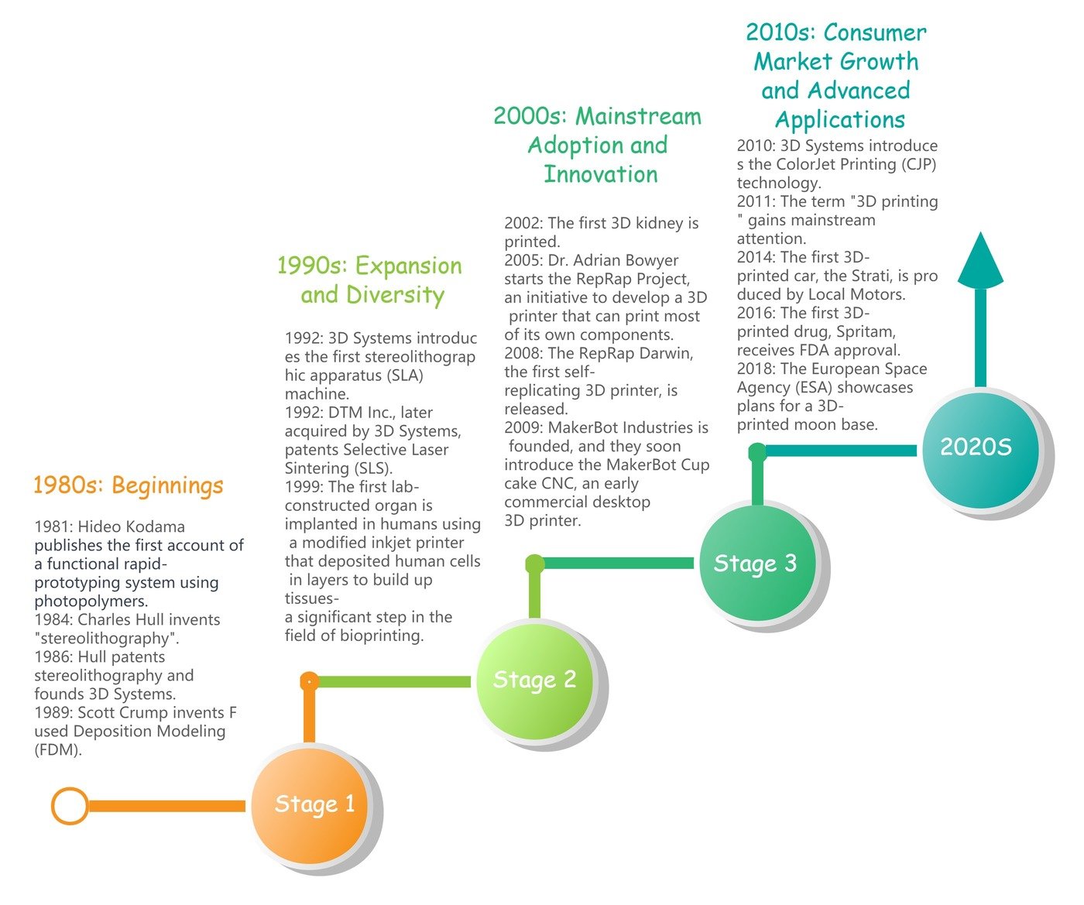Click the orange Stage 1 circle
[310, 806]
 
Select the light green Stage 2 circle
[533, 680]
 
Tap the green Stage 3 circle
[756, 563]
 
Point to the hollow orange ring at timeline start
[70, 806]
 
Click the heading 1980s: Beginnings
[128, 485]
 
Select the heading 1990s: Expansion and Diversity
[370, 280]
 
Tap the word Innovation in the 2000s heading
[600, 174]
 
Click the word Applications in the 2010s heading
[840, 120]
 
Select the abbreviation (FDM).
[58, 749]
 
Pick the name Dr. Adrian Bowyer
[612, 260]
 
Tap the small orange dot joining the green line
[309, 681]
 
